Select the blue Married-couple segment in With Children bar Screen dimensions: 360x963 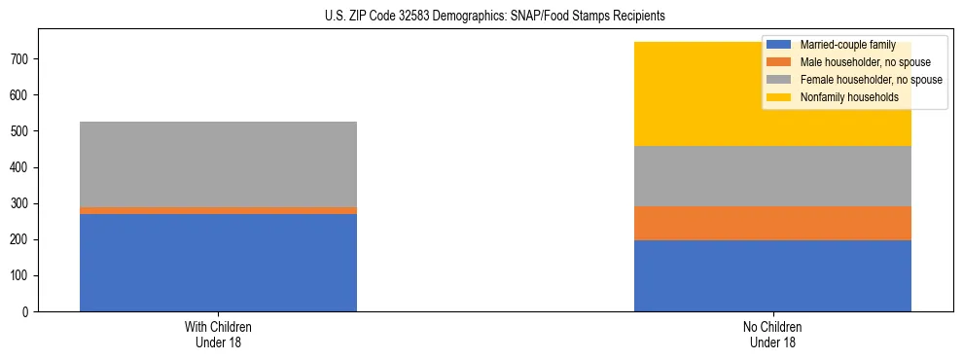point(218,263)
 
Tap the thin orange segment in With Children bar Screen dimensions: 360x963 point(218,210)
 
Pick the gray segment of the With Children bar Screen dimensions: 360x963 point(218,164)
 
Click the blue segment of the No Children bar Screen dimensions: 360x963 point(772,275)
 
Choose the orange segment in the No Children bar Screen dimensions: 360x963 point(772,223)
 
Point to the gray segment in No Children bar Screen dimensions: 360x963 point(772,176)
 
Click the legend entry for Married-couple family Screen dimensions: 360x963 point(841,45)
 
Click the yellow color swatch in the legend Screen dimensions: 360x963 point(779,97)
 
